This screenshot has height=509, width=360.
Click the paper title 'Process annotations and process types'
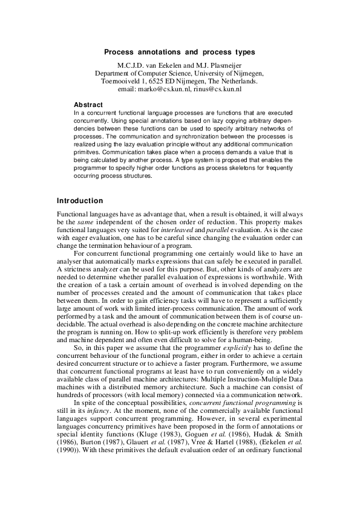(x=180, y=53)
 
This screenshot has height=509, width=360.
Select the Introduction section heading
(x=79, y=201)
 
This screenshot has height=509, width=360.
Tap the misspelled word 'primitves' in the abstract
(x=87, y=154)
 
